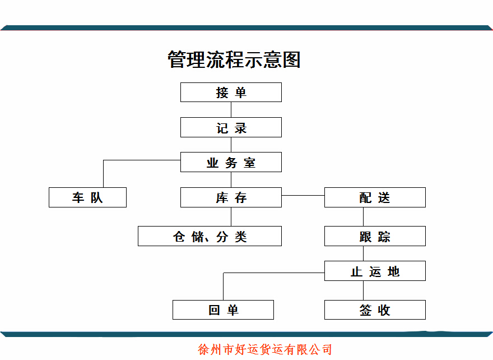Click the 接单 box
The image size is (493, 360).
[x=231, y=92]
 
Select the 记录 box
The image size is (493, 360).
[x=231, y=127]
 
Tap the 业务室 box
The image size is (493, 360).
[x=231, y=162]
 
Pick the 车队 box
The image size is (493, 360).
[x=87, y=197]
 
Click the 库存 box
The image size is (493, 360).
[x=231, y=197]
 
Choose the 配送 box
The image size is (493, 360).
[x=375, y=197]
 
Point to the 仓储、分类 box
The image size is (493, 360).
[x=210, y=236]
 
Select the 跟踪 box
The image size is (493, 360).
[x=375, y=236]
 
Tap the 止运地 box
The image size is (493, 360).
[x=375, y=271]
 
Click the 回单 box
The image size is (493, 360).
[x=223, y=310]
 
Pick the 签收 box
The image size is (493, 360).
[x=375, y=310]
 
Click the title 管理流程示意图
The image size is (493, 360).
[x=234, y=59]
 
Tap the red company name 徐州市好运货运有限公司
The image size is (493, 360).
[x=265, y=349]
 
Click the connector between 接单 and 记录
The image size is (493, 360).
[x=231, y=109]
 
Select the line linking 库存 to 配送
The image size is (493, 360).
[x=303, y=195]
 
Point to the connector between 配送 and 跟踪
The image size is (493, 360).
[x=363, y=216]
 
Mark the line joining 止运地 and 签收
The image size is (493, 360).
[x=363, y=290]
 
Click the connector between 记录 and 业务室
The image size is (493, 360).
[x=231, y=145]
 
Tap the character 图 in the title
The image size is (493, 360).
[x=291, y=59]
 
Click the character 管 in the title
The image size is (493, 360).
[x=176, y=59]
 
